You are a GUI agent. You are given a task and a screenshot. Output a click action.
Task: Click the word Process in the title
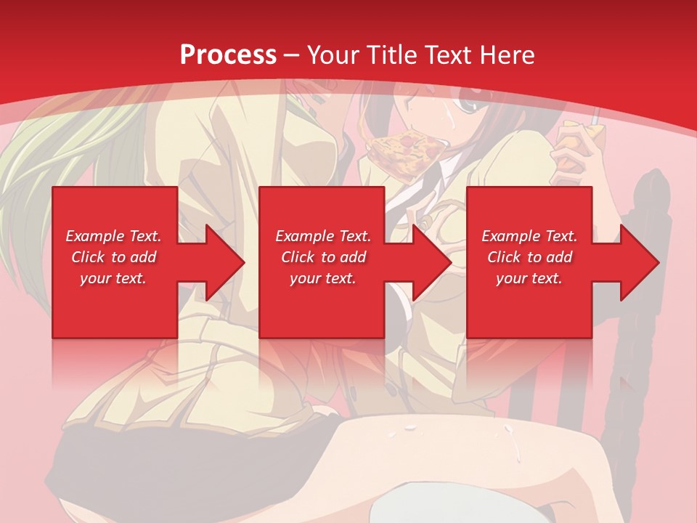pos(228,55)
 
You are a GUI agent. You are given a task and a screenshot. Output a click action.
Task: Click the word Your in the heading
pos(335,55)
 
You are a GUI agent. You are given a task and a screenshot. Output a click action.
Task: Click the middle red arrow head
pos(428,262)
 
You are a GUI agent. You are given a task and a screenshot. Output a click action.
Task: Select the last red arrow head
pos(636,262)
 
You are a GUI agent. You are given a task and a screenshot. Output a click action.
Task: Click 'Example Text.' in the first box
pos(113,236)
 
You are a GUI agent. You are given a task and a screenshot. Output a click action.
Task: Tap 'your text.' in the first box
pos(113,278)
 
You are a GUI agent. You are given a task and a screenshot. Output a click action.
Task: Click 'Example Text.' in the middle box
pos(323,236)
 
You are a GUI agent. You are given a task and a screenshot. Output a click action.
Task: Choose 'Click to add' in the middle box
pos(323,257)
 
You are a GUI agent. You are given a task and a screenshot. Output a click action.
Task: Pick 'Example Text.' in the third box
pos(529,236)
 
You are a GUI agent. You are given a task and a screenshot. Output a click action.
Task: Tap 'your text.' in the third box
pos(529,278)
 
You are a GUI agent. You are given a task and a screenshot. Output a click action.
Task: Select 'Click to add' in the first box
pos(113,257)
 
